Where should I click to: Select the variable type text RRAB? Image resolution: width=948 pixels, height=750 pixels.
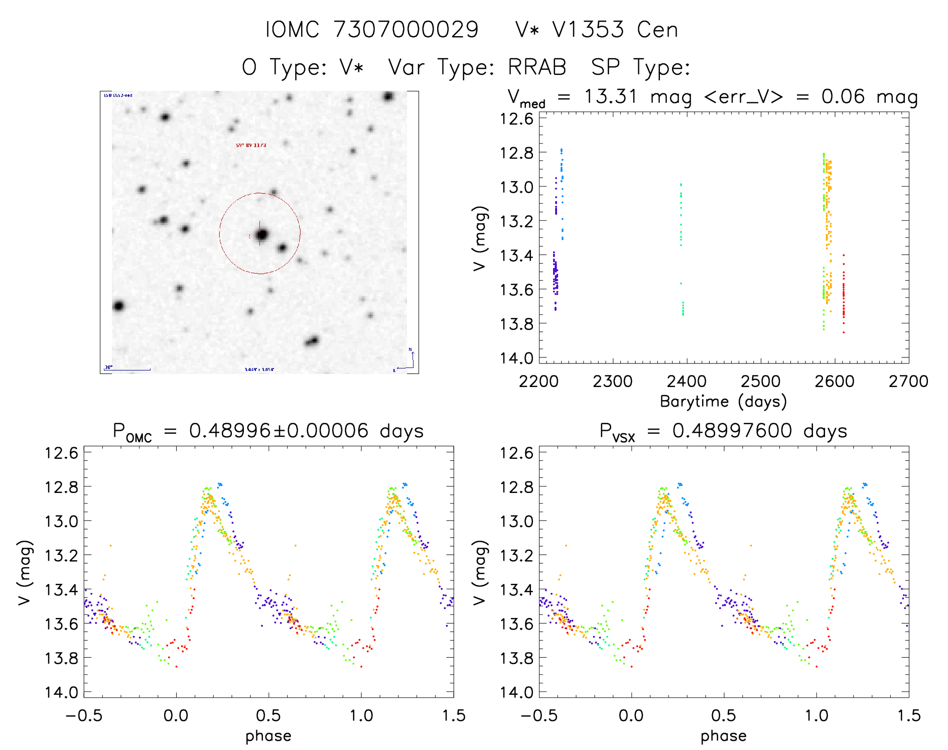click(x=537, y=67)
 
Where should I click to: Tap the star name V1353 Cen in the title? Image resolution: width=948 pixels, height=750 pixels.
click(x=615, y=30)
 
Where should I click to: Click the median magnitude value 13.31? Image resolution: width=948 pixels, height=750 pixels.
click(x=610, y=96)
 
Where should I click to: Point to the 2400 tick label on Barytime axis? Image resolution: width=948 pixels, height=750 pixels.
click(x=686, y=382)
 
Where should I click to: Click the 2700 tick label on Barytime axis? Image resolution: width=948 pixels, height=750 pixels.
click(x=908, y=382)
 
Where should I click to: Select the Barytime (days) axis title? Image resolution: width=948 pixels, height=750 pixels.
click(x=723, y=402)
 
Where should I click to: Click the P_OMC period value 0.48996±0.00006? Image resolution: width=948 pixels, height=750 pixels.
click(x=279, y=431)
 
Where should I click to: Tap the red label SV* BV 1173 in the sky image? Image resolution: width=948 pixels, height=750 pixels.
click(x=251, y=146)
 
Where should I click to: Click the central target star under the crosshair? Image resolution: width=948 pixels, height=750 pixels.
click(x=261, y=234)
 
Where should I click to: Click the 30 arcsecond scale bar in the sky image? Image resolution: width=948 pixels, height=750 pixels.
click(x=128, y=369)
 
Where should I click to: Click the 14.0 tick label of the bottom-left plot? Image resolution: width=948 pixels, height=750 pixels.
click(x=61, y=692)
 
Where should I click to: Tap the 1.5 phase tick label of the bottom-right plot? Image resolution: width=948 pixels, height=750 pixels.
click(x=908, y=716)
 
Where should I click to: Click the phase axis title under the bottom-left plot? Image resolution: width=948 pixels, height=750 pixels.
click(x=268, y=736)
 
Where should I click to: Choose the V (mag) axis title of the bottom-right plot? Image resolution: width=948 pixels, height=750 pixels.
click(x=480, y=573)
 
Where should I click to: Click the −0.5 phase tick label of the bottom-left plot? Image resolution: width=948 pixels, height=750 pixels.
click(x=83, y=716)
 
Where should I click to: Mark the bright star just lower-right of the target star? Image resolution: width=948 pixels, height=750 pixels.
click(x=282, y=247)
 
